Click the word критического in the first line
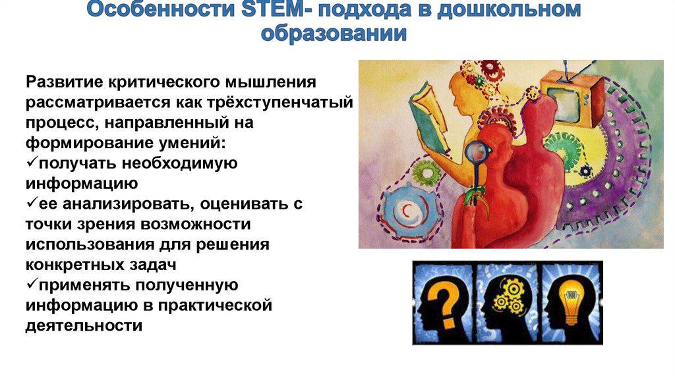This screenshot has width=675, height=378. coord(163,84)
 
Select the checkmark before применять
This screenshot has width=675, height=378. coord(32,285)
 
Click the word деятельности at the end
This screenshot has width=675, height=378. coord(84,326)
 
